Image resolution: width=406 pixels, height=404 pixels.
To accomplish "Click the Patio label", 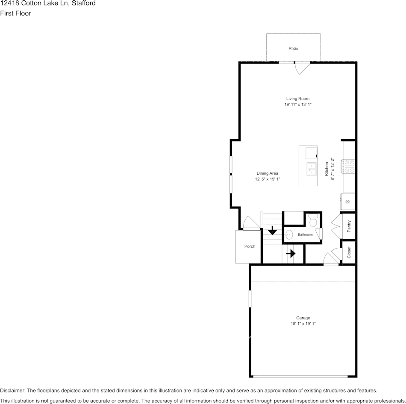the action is [x=293, y=48].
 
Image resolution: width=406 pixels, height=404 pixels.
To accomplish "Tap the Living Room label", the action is [x=298, y=99].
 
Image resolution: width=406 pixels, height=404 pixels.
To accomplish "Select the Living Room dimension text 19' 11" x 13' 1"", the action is [x=298, y=105].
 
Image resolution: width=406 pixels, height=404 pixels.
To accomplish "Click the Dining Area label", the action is [x=268, y=173].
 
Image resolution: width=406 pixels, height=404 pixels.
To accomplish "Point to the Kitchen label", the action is [x=327, y=169].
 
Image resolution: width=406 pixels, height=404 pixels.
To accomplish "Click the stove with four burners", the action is [x=348, y=167].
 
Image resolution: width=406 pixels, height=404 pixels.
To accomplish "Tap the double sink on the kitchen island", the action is [x=312, y=169].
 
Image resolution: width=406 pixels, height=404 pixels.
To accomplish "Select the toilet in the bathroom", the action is [x=313, y=220].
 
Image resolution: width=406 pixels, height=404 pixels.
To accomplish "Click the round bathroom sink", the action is [x=289, y=235].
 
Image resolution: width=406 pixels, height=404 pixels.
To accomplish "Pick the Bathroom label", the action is [x=305, y=234].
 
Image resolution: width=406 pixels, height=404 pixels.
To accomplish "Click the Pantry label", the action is [x=349, y=226].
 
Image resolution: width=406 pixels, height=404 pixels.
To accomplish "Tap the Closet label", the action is [x=349, y=252].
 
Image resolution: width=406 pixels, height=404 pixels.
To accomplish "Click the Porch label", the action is [x=250, y=246].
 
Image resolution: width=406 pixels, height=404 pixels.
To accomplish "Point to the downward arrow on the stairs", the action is [x=272, y=230].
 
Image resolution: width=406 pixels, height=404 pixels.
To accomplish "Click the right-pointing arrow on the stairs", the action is [x=291, y=253].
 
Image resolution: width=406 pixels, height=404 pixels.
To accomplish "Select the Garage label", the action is [x=303, y=318].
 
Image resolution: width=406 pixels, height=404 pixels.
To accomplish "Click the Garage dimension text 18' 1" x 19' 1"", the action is [x=303, y=324].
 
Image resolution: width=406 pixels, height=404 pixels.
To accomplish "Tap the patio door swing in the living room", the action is [x=303, y=68].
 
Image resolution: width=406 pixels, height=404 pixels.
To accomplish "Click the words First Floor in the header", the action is [x=15, y=13].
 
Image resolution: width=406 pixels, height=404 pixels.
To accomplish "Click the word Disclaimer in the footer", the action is [x=12, y=390].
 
